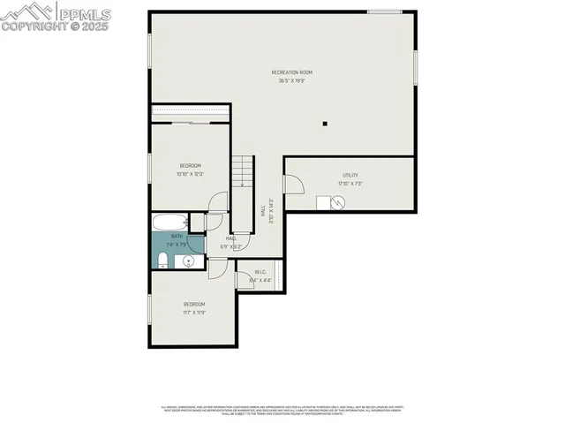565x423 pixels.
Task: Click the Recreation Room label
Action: tap(291, 72)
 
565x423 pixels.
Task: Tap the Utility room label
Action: tap(350, 176)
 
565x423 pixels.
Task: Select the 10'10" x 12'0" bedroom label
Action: tap(191, 166)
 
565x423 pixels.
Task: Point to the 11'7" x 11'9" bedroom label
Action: tap(194, 305)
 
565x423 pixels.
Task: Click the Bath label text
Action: tap(177, 237)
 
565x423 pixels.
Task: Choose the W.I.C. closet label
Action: tap(260, 272)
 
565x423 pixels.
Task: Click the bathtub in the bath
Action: tap(169, 221)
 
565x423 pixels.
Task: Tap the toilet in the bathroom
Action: tap(163, 259)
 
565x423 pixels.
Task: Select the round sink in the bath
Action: tap(189, 261)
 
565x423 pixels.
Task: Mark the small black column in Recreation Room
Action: tap(324, 125)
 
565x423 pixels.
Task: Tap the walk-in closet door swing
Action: tap(243, 278)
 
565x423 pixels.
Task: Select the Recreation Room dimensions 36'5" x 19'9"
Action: tap(291, 81)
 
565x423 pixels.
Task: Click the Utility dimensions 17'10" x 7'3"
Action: tap(350, 184)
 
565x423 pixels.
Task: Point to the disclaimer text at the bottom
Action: tap(282, 410)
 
